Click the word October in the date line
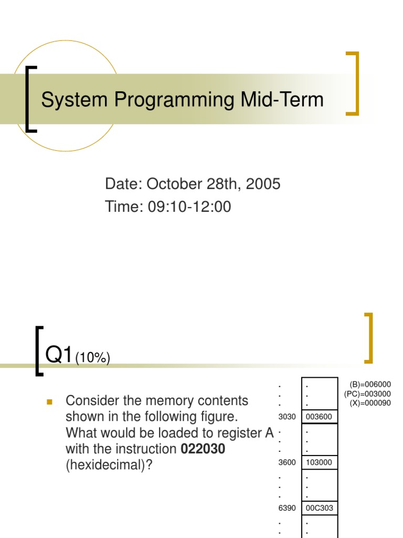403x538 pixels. tap(177, 184)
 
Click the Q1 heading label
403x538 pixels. tap(59, 355)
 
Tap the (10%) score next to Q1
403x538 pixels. tap(92, 358)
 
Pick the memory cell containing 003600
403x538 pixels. tap(319, 417)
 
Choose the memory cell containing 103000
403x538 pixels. tap(319, 462)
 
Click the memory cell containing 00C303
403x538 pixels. tap(319, 508)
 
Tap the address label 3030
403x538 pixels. tap(288, 417)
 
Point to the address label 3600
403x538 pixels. tap(288, 462)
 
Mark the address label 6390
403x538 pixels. tap(288, 508)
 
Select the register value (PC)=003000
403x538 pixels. tap(367, 394)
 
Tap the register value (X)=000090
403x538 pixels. tap(370, 403)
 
